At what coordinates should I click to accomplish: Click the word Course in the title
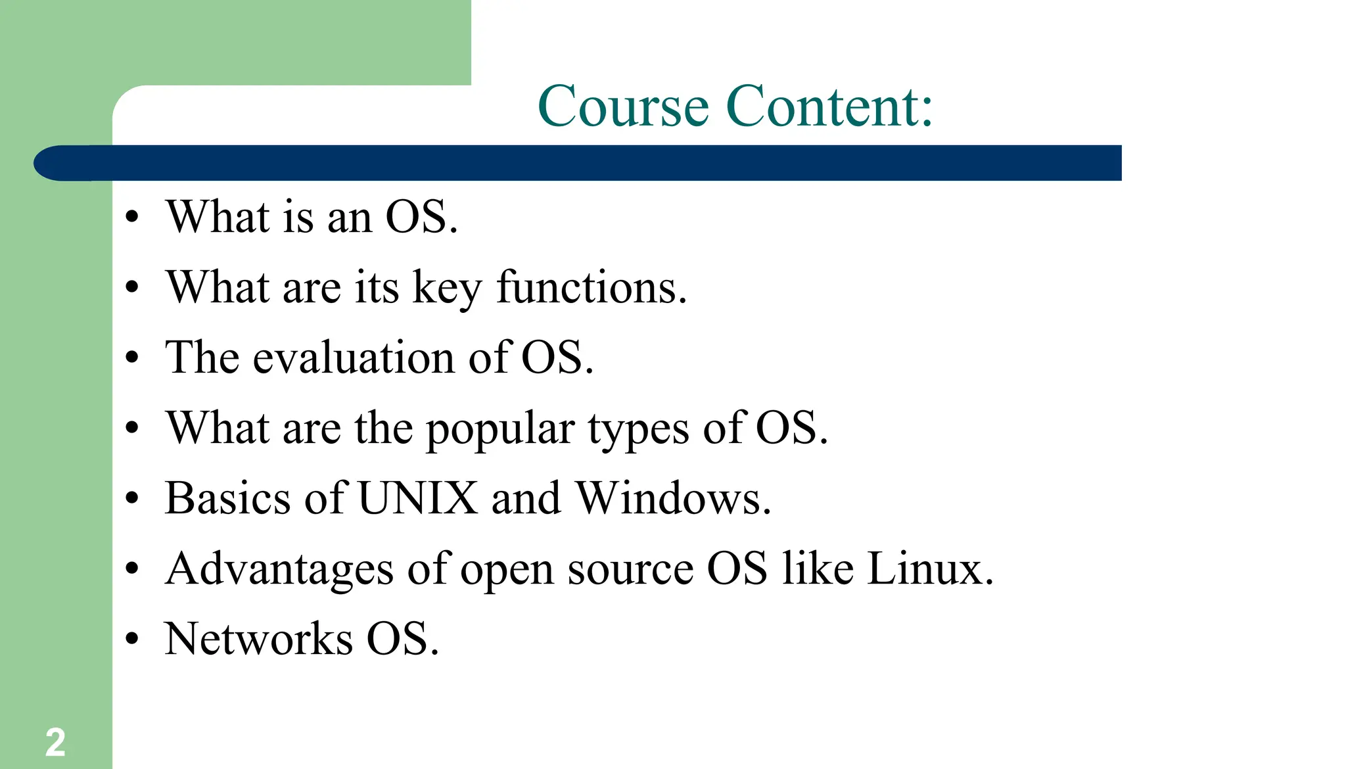point(623,106)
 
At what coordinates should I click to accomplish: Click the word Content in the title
point(829,106)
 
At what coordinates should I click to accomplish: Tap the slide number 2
point(55,743)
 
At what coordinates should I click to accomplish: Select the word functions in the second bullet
point(591,288)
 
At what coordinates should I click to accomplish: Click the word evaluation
point(354,358)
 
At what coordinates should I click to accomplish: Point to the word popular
point(500,429)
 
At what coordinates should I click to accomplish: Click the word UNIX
point(418,498)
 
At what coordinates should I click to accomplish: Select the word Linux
point(929,569)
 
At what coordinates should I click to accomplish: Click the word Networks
point(259,639)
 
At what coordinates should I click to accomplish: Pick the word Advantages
point(279,569)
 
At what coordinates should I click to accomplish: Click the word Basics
point(227,498)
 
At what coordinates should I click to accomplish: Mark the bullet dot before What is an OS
point(133,216)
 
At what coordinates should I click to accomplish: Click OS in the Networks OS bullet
point(402,639)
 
